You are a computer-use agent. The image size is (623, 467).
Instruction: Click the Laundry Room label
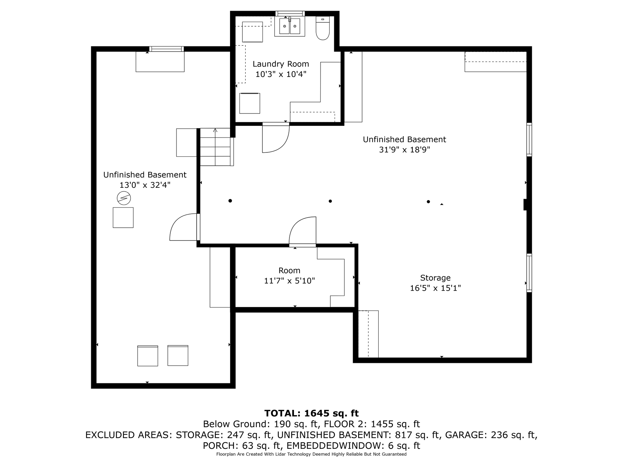pos(281,64)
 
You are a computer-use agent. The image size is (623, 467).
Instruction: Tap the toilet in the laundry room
pos(323,29)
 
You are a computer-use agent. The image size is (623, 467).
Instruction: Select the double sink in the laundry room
pos(290,26)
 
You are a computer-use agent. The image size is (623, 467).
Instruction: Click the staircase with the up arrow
pos(216,147)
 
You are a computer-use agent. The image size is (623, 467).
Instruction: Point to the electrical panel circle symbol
pos(124,198)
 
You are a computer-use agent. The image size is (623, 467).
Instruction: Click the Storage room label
pos(435,278)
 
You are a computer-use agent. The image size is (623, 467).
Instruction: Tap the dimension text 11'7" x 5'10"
pos(289,281)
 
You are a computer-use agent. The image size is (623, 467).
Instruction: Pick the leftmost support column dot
pos(230,201)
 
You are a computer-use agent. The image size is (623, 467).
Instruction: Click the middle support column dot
pos(330,201)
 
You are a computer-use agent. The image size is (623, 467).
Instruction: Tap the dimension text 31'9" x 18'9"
pos(404,150)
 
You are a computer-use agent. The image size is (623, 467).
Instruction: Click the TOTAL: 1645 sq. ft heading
pos(311,413)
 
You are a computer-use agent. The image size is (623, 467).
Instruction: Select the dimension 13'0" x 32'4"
pos(145,185)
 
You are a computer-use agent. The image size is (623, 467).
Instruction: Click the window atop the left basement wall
pos(166,49)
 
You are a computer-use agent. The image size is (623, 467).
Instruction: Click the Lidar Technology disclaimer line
pos(311,454)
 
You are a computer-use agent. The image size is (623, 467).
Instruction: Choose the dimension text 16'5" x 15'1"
pos(435,288)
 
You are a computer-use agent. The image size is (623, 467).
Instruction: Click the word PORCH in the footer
pos(221,446)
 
